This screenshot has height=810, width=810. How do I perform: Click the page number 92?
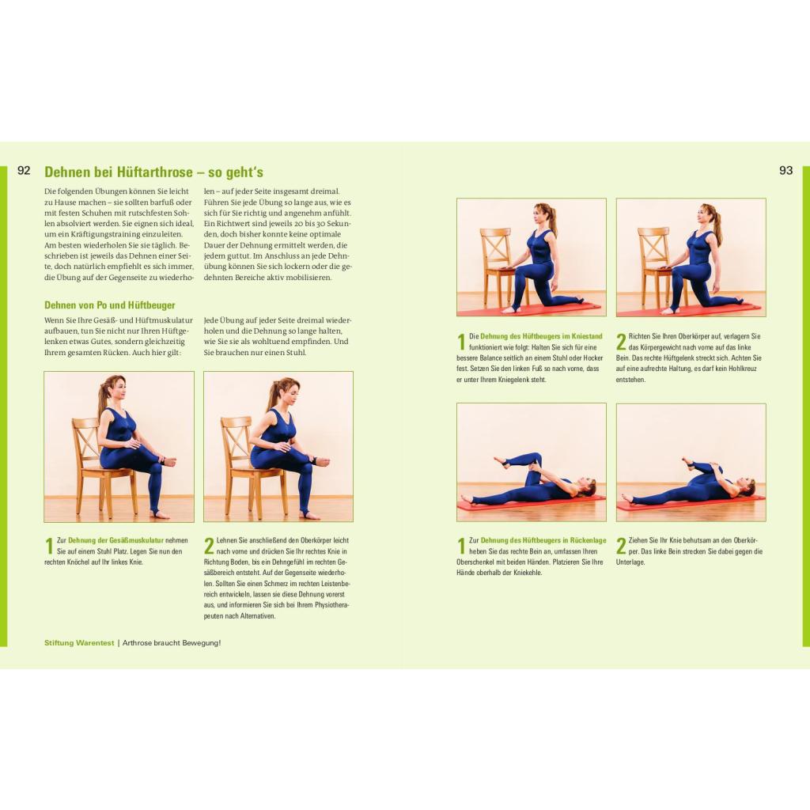[24, 171]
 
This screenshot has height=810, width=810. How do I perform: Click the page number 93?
[785, 171]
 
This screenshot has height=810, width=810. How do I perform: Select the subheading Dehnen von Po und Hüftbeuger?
[109, 305]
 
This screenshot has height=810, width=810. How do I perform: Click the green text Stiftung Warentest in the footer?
[79, 642]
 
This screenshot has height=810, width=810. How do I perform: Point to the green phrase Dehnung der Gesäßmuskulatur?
[115, 540]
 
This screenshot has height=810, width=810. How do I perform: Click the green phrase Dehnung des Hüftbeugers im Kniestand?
[541, 336]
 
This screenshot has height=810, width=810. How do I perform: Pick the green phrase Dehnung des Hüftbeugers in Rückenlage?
[543, 540]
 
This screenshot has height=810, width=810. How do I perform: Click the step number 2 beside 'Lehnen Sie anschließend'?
[209, 546]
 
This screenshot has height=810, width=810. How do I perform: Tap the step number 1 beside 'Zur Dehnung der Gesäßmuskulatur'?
[49, 546]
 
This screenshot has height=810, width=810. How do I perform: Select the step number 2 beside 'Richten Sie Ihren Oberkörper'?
[621, 342]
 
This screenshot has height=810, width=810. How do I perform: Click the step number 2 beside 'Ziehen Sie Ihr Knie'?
[621, 546]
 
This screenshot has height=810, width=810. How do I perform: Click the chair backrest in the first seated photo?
[85, 439]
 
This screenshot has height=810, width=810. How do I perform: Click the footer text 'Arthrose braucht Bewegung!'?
[172, 642]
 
